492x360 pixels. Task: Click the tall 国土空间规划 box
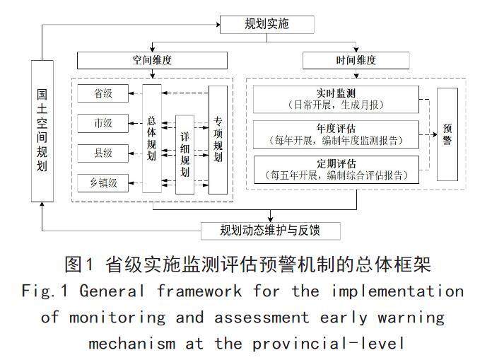coord(42,132)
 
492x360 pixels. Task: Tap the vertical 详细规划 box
coord(184,154)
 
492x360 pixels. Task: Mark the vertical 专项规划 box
coord(218,139)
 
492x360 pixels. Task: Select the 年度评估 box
coord(336,133)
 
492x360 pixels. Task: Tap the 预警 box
coord(447,134)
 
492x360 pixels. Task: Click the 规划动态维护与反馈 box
coord(271,231)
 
